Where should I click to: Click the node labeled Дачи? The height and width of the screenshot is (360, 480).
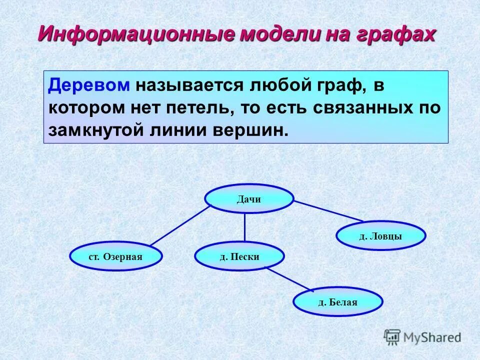point(249,199)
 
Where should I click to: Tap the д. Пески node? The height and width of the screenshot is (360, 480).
point(239,256)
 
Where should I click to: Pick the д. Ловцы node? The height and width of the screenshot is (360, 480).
point(380,236)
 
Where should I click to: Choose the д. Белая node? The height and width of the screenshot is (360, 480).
point(338,302)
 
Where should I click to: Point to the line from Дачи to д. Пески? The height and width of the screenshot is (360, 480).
point(244,227)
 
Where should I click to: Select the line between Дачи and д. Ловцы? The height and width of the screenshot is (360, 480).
point(328,210)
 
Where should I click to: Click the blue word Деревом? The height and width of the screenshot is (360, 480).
point(89,85)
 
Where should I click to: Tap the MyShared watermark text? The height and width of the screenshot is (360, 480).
point(432,337)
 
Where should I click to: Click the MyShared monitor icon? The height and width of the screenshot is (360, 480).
point(392,336)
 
